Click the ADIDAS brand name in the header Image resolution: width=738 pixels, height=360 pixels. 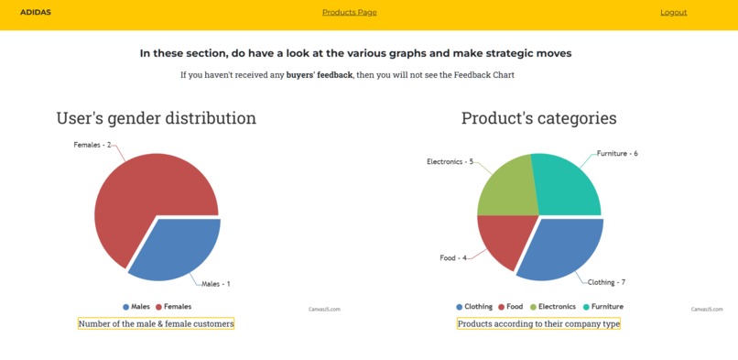36,13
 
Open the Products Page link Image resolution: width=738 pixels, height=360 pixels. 349,13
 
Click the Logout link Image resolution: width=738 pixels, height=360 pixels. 673,13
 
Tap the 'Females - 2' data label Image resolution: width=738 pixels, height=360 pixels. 92,145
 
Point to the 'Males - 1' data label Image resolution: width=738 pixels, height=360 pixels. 215,284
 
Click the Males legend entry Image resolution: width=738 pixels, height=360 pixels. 136,307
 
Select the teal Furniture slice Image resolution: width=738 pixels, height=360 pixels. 568,183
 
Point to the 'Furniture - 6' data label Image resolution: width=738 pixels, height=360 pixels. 617,154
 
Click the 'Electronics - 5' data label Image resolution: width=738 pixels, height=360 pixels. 450,162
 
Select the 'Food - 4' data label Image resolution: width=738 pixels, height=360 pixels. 453,258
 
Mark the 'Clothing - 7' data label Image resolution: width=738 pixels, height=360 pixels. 606,282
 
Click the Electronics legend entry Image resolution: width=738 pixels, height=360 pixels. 553,307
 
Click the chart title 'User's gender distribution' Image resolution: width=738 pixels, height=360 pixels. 156,118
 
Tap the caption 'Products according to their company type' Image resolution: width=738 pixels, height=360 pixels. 538,323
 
